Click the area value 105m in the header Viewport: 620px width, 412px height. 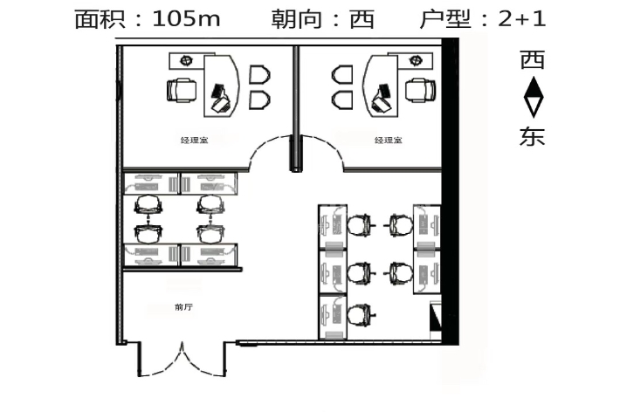pyautogui.click(x=186, y=19)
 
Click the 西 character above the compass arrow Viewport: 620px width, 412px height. pyautogui.click(x=533, y=60)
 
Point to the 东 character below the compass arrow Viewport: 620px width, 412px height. pyautogui.click(x=533, y=136)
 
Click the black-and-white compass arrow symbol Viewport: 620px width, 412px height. pyautogui.click(x=533, y=97)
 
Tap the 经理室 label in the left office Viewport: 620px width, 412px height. pyautogui.click(x=193, y=140)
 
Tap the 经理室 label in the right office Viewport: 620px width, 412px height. pyautogui.click(x=388, y=140)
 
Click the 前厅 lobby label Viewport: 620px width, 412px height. pyautogui.click(x=183, y=307)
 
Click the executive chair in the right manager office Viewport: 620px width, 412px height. pyautogui.click(x=419, y=89)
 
